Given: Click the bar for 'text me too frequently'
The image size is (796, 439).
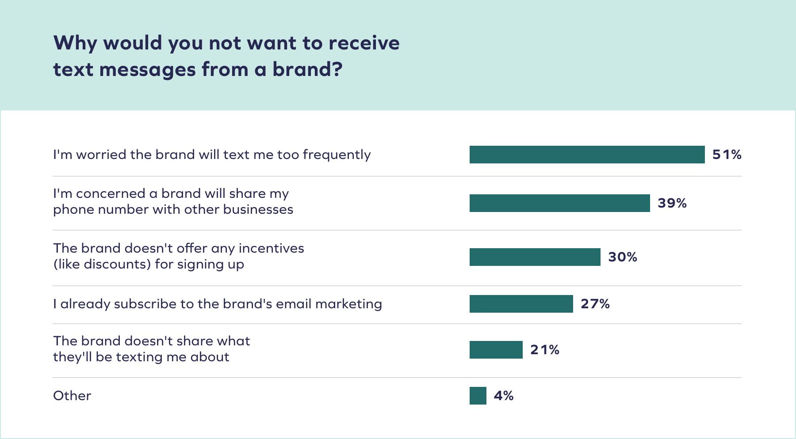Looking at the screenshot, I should tap(587, 155).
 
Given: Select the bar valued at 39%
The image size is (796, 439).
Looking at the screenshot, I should tap(559, 203).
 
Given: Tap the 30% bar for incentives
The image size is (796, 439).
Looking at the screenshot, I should tap(535, 257).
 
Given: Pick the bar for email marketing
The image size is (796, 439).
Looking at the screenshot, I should tap(521, 304).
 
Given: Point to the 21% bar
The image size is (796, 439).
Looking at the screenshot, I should tap(496, 350).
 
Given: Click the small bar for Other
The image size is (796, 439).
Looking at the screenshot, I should tap(478, 396).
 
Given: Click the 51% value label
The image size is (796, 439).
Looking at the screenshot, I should tap(727, 155).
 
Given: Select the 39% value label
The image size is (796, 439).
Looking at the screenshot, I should tap(672, 203).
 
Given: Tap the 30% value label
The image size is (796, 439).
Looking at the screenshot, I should tap(622, 257).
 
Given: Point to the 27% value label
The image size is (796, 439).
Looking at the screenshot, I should tap(595, 304).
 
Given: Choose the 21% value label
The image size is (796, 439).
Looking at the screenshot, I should tap(544, 350).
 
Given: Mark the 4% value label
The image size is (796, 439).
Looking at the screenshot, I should tap(503, 396).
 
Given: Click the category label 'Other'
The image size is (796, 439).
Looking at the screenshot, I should tap(72, 396).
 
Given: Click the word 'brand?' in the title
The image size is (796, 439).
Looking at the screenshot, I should tap(307, 70).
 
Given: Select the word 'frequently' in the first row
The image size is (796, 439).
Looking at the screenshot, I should tap(337, 155).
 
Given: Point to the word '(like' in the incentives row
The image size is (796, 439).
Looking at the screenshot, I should tap(66, 264).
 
